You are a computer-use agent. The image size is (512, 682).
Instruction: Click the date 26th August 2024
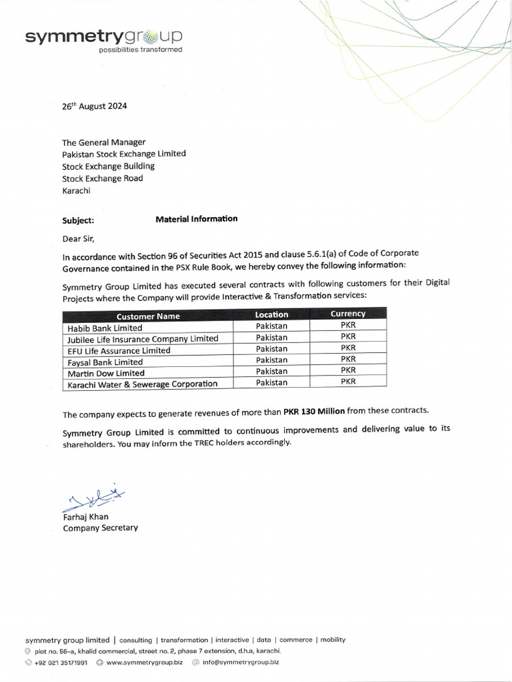(x=94, y=106)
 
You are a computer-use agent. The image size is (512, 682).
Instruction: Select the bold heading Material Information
(x=196, y=218)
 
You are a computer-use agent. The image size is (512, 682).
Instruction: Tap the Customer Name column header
(x=148, y=316)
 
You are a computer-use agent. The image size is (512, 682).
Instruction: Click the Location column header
(x=271, y=314)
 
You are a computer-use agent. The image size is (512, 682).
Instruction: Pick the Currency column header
(x=348, y=313)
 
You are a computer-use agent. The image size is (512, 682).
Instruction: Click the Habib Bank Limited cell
(x=105, y=328)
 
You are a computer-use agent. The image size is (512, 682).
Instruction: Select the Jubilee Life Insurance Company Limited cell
(x=143, y=338)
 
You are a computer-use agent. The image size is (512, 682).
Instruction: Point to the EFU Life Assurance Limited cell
(x=119, y=350)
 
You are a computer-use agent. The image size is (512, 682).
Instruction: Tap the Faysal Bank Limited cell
(x=105, y=362)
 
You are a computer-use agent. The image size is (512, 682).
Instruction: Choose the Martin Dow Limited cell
(x=106, y=373)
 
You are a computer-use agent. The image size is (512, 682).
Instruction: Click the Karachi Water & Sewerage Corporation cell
(x=143, y=384)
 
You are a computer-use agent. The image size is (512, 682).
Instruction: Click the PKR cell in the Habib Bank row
(x=348, y=325)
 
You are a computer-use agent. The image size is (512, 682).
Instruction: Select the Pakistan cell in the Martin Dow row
(x=271, y=371)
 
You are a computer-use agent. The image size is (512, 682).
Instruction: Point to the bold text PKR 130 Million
(x=314, y=411)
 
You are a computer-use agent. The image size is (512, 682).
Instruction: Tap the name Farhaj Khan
(x=85, y=516)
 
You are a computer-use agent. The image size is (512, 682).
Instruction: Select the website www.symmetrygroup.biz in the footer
(x=144, y=662)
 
